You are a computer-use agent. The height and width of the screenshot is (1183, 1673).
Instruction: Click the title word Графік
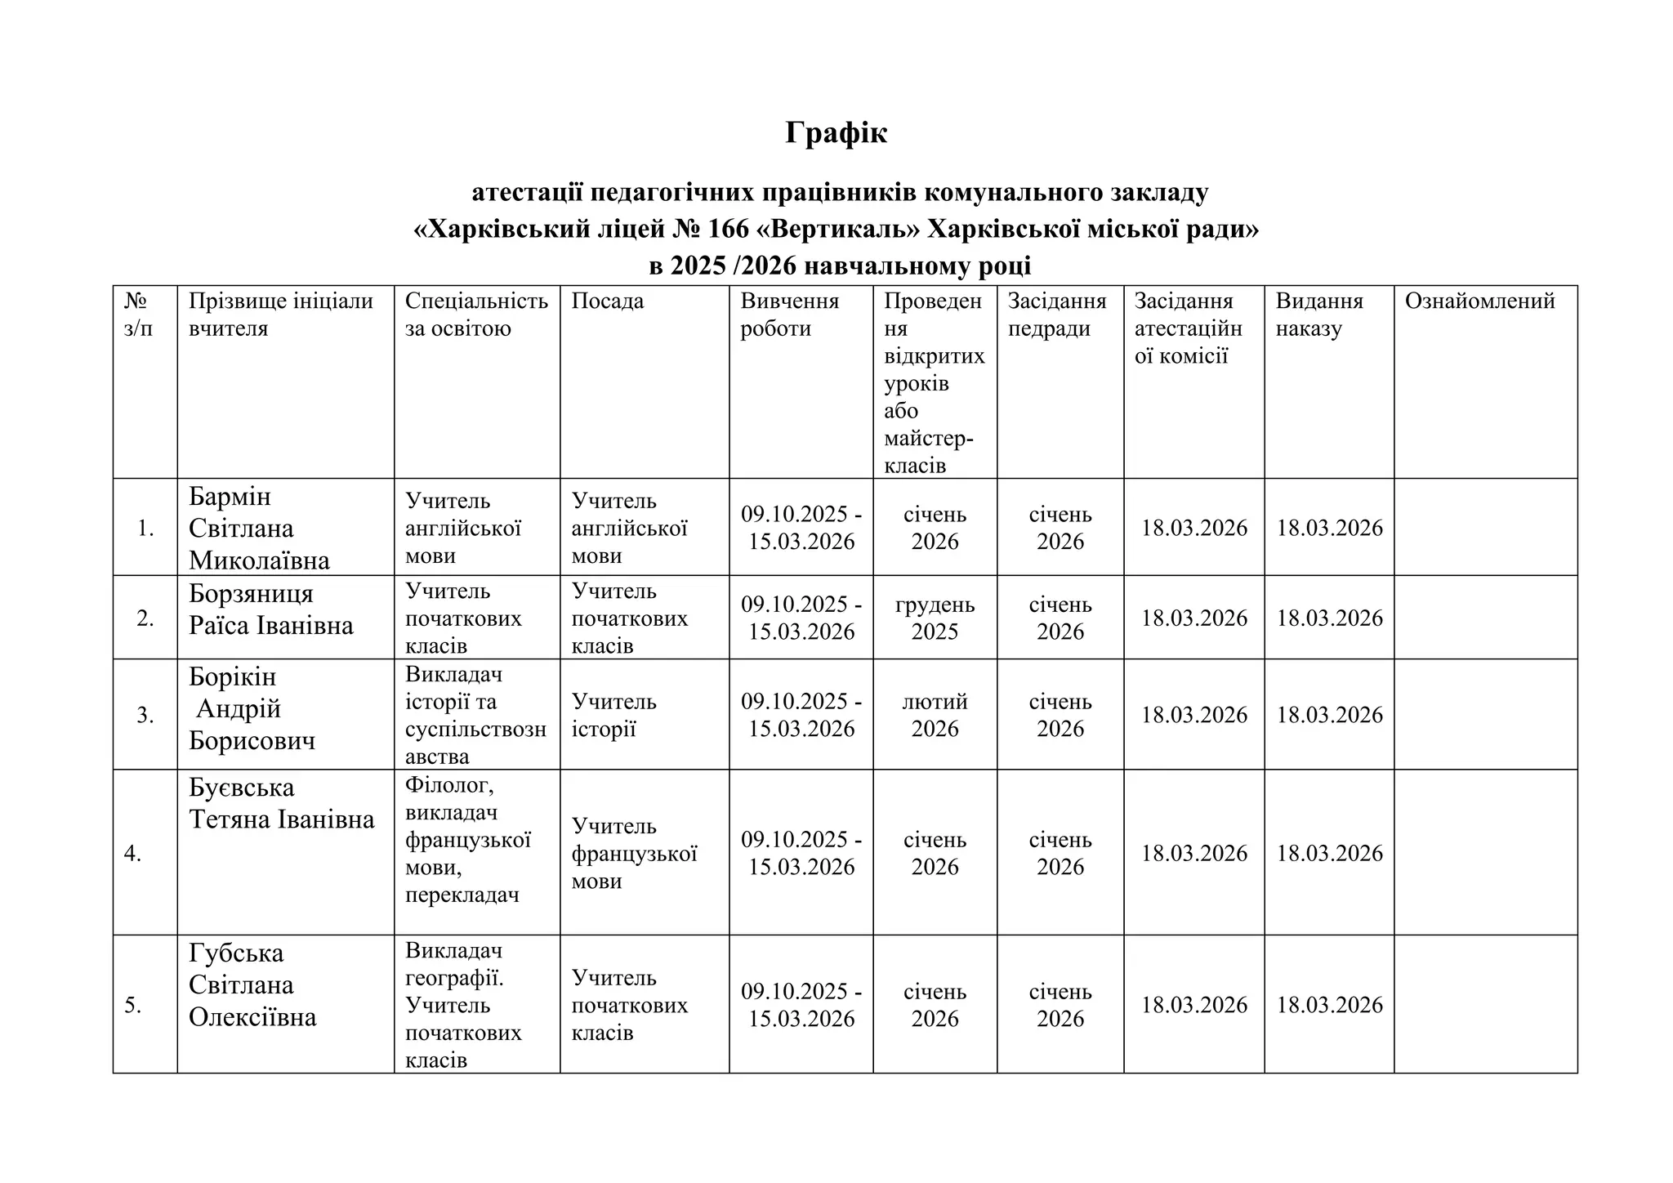click(x=836, y=132)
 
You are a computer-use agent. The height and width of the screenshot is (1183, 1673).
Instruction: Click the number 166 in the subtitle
click(x=728, y=229)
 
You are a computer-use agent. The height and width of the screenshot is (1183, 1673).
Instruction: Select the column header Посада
click(x=607, y=301)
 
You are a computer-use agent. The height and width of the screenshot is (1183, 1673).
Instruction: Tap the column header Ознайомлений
click(x=1479, y=301)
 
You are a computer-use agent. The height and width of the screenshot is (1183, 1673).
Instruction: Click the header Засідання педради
click(x=1056, y=315)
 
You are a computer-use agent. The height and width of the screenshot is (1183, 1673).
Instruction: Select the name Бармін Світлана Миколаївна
click(x=259, y=529)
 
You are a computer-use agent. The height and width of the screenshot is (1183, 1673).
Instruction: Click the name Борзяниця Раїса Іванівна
click(x=270, y=609)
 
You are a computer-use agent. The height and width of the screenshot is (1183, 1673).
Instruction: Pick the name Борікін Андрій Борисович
click(x=252, y=709)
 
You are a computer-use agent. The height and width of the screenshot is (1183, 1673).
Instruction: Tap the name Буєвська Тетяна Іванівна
click(x=281, y=804)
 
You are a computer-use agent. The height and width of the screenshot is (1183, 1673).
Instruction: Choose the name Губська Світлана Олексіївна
click(x=252, y=985)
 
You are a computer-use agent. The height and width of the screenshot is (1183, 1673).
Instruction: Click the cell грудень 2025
click(x=935, y=618)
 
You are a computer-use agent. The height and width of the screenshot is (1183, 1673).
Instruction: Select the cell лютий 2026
click(x=935, y=715)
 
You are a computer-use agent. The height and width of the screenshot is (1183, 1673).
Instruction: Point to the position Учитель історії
click(x=613, y=715)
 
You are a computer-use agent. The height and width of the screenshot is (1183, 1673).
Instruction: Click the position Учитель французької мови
click(x=633, y=854)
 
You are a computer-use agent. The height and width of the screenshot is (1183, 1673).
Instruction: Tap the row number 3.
click(x=145, y=716)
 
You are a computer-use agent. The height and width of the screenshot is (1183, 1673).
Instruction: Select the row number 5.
click(x=133, y=1006)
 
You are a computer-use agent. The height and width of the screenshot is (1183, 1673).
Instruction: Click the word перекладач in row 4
click(x=462, y=895)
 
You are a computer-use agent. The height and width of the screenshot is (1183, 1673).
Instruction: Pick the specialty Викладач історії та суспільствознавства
click(x=475, y=715)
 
